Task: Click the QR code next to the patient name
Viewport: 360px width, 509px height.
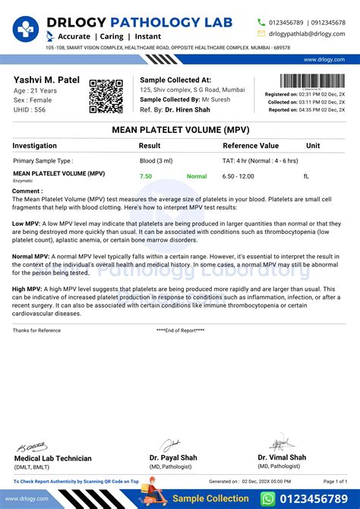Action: click(x=106, y=96)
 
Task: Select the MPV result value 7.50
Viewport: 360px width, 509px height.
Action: click(x=146, y=176)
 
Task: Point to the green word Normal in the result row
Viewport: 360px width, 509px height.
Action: click(x=197, y=176)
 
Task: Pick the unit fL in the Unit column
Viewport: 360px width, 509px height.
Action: click(x=306, y=176)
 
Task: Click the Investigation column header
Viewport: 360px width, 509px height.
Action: click(x=35, y=145)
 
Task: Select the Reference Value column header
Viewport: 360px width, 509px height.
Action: click(x=251, y=145)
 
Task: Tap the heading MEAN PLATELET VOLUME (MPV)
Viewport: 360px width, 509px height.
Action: click(x=179, y=130)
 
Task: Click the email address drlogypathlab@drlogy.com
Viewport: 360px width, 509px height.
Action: click(x=306, y=33)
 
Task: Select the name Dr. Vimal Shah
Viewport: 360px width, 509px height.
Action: click(x=282, y=457)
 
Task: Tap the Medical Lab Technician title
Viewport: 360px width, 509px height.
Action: click(x=53, y=458)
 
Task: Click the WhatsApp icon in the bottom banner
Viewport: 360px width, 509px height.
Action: click(x=269, y=498)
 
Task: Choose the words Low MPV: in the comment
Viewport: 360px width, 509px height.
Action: click(x=27, y=225)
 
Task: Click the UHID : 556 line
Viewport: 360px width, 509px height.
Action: click(x=30, y=110)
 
